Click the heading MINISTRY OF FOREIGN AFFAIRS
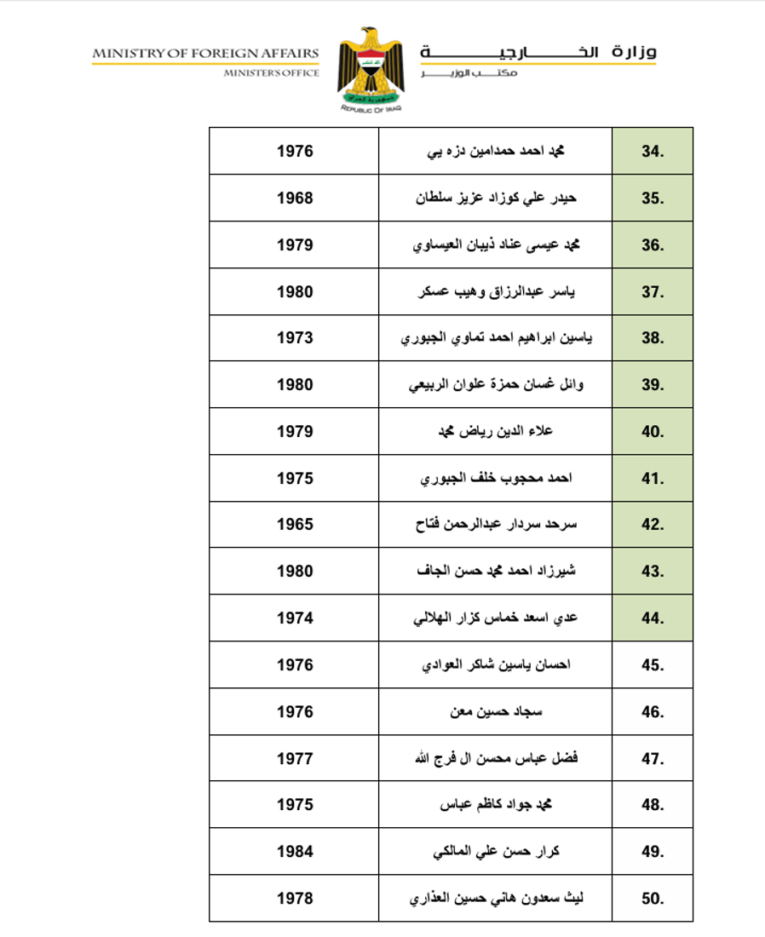(x=206, y=54)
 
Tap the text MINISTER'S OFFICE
(x=271, y=73)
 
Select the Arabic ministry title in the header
(x=538, y=53)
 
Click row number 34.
(x=652, y=152)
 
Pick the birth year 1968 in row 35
(x=295, y=198)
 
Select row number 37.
(x=652, y=292)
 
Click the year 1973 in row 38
(x=295, y=338)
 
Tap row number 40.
(x=652, y=432)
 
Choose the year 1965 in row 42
(x=295, y=525)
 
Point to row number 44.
(x=652, y=618)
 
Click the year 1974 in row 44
(x=295, y=618)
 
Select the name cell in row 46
(x=496, y=711)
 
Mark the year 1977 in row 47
(x=295, y=758)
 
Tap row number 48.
(x=652, y=805)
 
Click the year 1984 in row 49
(x=295, y=851)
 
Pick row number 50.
(x=652, y=898)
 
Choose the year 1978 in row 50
(x=295, y=898)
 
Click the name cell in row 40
(x=495, y=432)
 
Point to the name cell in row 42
(x=495, y=525)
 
